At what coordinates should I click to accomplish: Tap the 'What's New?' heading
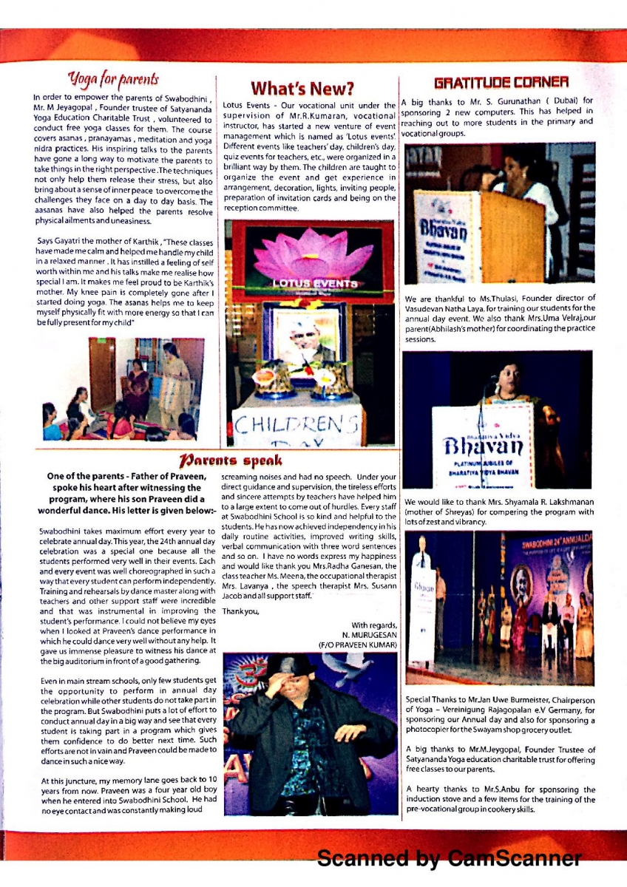click(x=301, y=89)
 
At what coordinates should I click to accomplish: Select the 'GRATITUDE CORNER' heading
click(x=501, y=82)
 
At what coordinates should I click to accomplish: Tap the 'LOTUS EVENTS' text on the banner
click(x=311, y=282)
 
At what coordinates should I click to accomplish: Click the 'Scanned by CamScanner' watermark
click(x=450, y=859)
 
